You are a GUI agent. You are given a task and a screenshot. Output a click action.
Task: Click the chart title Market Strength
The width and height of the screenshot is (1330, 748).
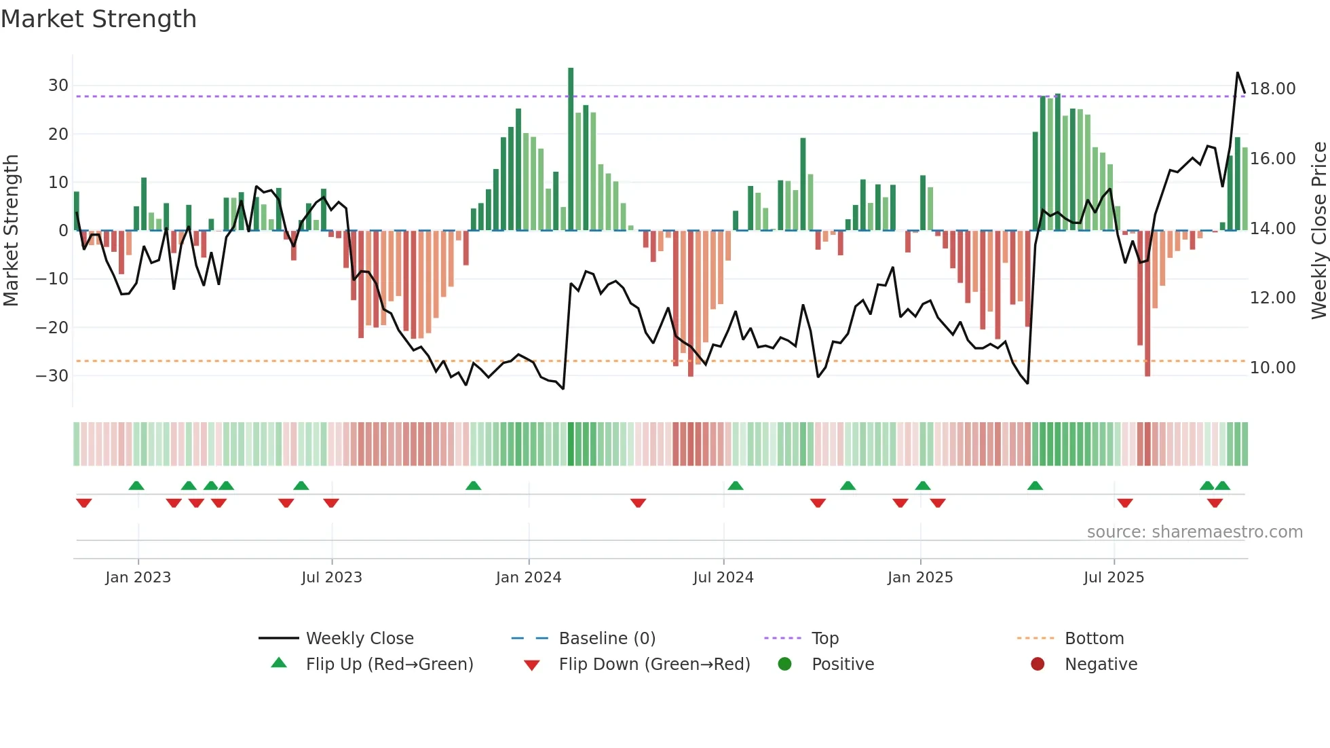(98, 19)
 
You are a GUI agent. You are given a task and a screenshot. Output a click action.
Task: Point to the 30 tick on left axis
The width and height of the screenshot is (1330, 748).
(58, 86)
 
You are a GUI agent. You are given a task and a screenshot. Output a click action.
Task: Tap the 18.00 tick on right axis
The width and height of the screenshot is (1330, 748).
(1272, 89)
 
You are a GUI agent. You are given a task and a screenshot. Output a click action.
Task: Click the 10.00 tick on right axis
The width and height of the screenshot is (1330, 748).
(1272, 368)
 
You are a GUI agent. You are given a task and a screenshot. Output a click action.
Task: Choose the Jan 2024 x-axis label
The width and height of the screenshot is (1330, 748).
(529, 578)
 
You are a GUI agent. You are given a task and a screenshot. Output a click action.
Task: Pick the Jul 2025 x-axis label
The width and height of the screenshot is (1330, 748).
(1114, 578)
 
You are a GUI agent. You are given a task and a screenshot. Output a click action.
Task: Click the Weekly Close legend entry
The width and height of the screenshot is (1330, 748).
(359, 639)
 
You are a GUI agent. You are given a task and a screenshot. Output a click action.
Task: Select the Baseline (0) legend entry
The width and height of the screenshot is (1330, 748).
(607, 639)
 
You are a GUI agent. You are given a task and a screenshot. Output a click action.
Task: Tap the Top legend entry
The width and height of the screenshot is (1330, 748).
(825, 639)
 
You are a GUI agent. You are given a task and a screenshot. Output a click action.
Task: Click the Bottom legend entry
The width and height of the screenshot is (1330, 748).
(1094, 639)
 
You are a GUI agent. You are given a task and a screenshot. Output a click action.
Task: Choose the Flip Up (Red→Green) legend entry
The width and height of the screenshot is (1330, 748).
(389, 665)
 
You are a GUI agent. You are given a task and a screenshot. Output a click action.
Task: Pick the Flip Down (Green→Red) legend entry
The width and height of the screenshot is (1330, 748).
(654, 665)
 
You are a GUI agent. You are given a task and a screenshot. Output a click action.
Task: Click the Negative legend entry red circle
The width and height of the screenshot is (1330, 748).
(1038, 665)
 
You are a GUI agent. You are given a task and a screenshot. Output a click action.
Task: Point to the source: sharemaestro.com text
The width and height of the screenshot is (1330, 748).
(1194, 532)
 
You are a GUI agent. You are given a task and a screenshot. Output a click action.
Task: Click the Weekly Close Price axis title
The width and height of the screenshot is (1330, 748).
(1318, 231)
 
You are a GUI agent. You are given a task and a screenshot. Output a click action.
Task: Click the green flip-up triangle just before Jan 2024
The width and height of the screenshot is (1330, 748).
(474, 485)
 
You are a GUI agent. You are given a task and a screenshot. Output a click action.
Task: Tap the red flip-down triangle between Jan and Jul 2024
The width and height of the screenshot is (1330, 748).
(638, 503)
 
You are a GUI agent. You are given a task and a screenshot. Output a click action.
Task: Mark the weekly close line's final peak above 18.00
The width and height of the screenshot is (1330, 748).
(1237, 73)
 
